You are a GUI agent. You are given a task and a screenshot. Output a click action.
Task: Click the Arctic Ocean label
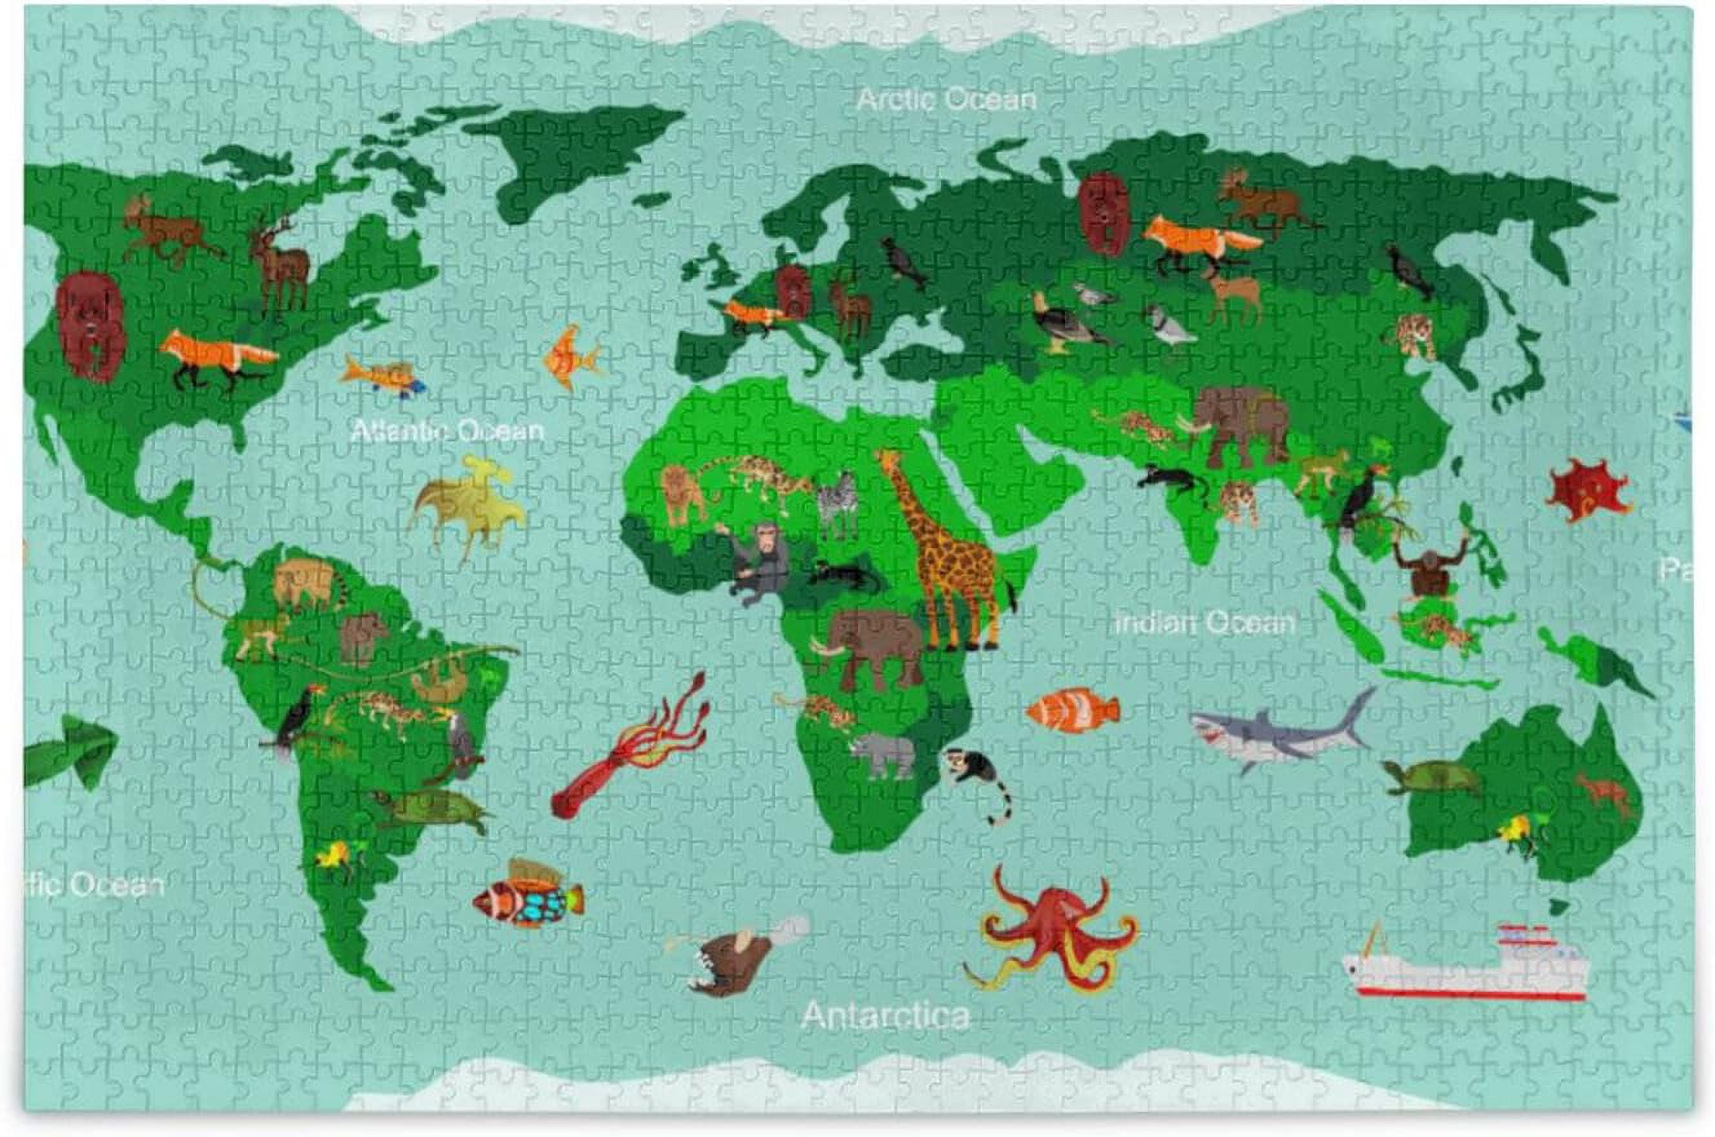point(945,99)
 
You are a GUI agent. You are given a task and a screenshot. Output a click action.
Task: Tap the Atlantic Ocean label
point(447,431)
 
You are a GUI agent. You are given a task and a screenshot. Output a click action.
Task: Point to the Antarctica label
point(885,1016)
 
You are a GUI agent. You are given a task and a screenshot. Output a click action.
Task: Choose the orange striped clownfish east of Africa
point(1073,711)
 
